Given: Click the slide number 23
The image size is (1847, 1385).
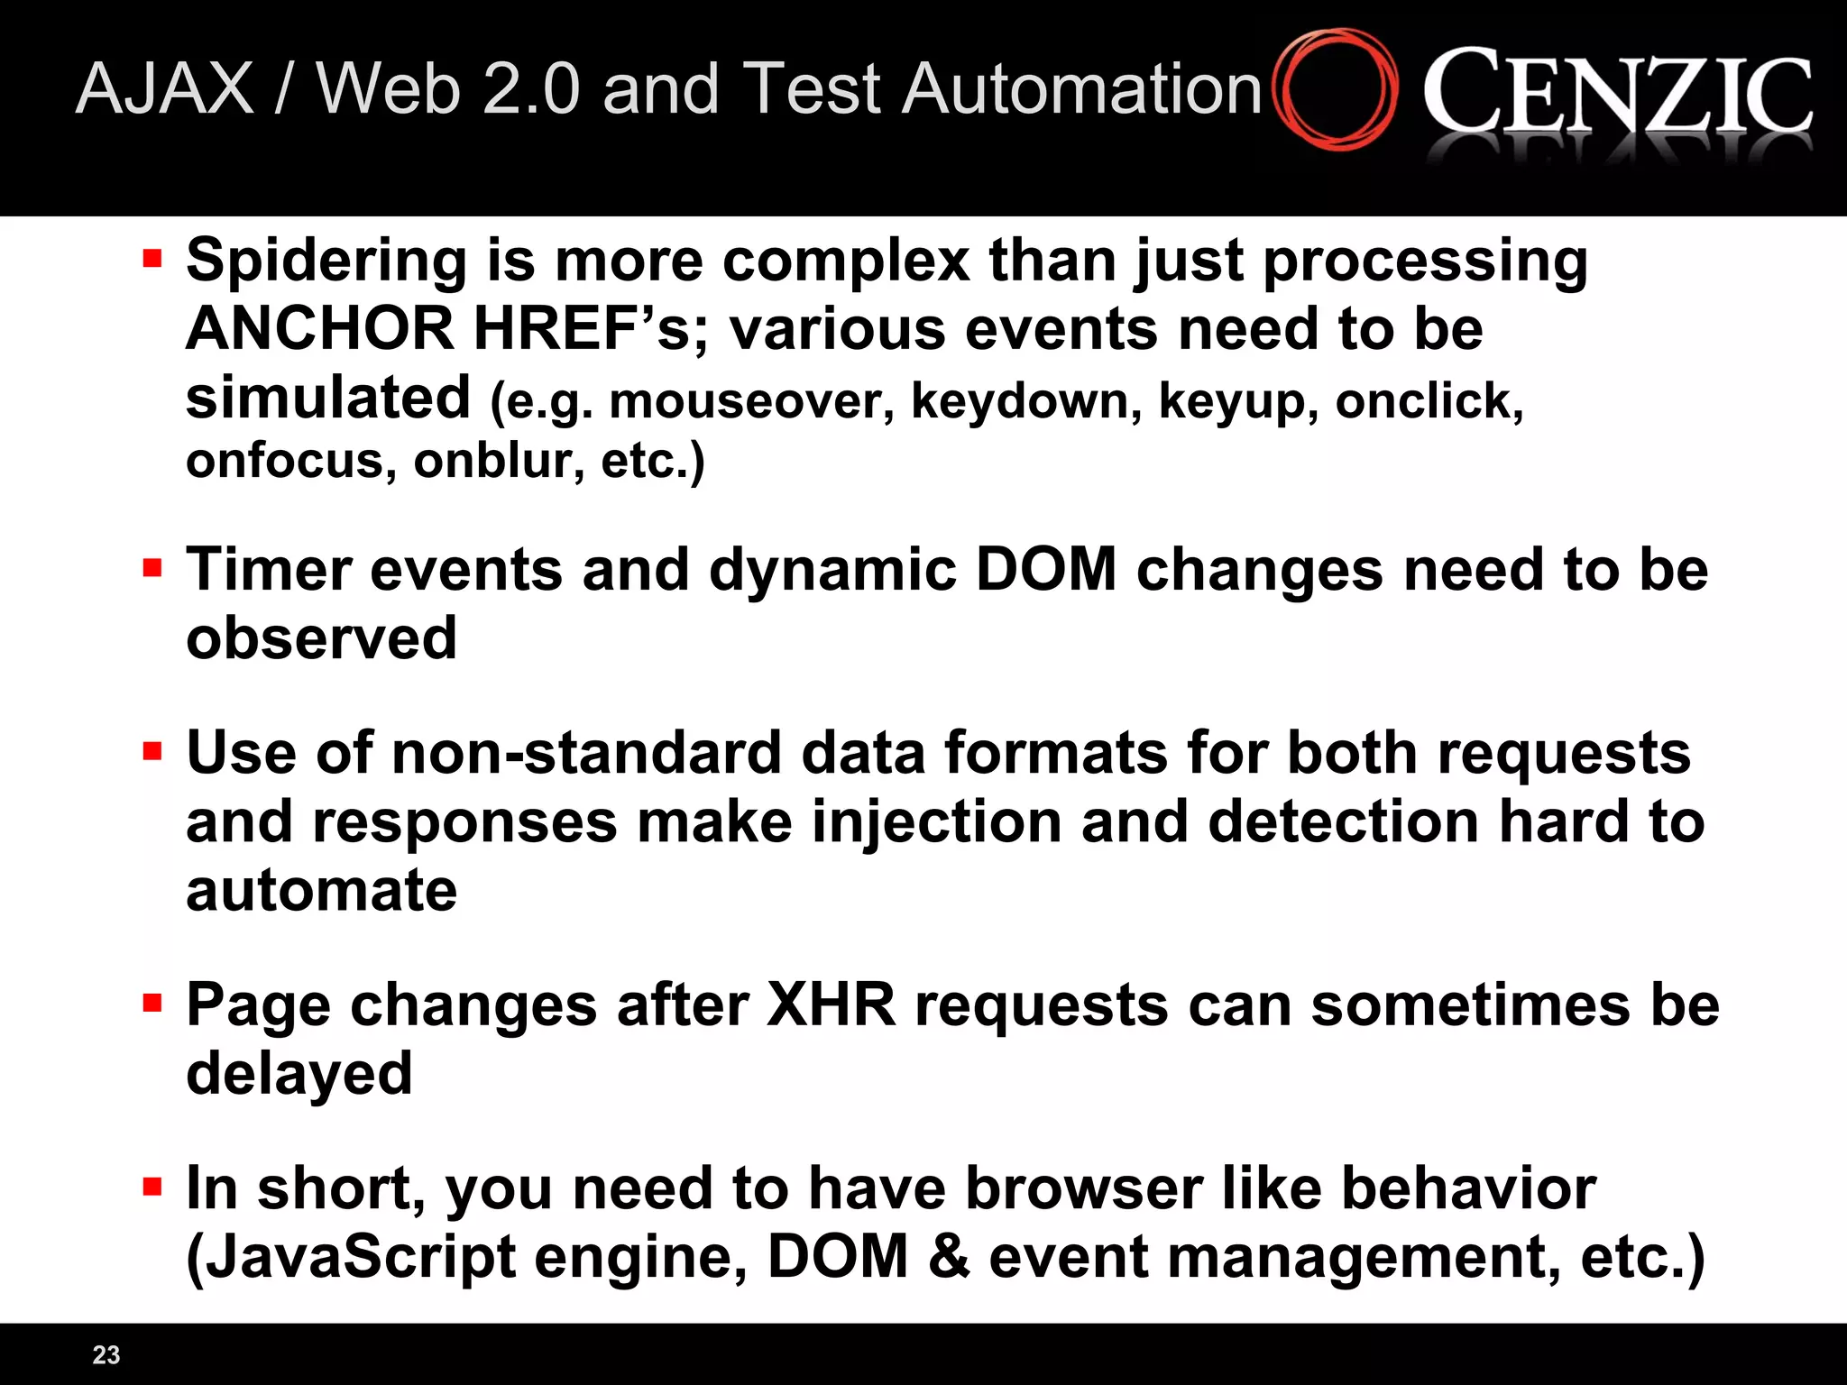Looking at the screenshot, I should [106, 1354].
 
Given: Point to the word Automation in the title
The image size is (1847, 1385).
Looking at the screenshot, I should [1081, 89].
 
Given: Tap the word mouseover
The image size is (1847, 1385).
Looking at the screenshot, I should [751, 401].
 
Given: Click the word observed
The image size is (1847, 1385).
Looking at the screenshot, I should [321, 638].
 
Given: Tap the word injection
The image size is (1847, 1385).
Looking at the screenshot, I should [936, 823].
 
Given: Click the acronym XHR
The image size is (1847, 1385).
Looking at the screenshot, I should [831, 1004].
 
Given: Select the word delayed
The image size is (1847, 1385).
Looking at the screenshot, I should [299, 1073].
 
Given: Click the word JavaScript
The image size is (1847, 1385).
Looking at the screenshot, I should [351, 1257].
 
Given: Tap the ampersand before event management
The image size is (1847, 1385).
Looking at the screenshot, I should [948, 1257].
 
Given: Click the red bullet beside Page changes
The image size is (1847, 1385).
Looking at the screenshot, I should [152, 1003].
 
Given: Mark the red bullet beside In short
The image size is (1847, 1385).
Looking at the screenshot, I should [152, 1186].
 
